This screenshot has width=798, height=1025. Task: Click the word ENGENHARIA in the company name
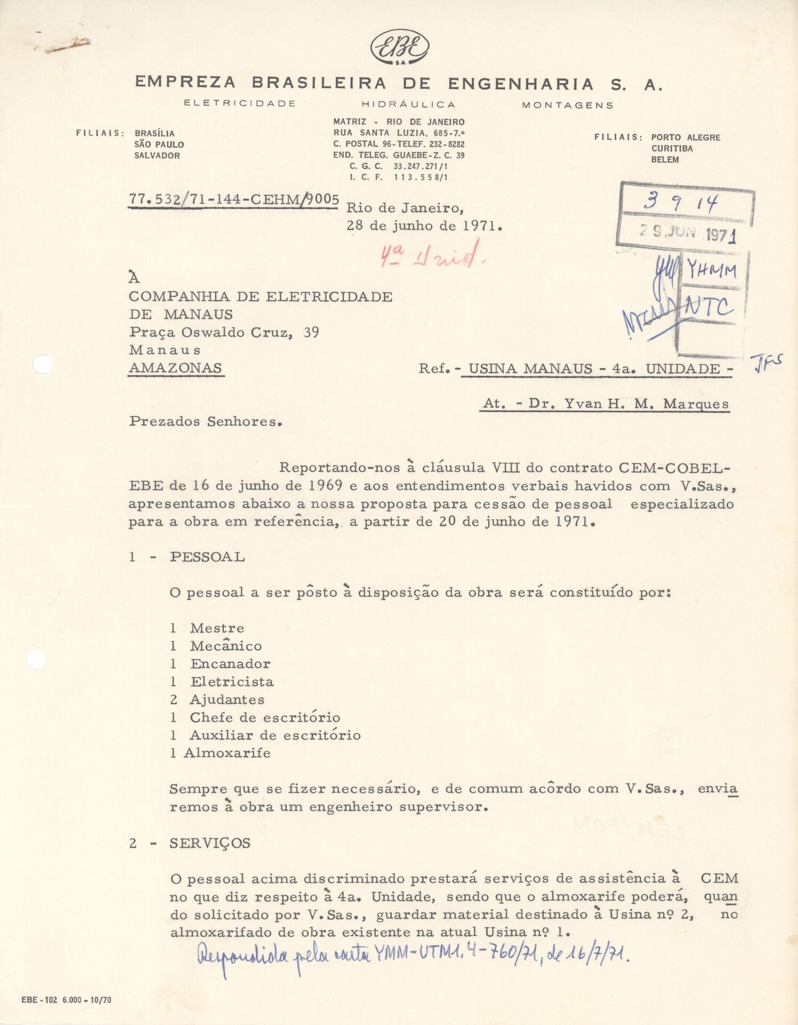coord(521,84)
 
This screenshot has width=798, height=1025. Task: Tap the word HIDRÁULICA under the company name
coord(409,105)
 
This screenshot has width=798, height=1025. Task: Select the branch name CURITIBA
coord(672,148)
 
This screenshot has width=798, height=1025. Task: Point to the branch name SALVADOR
coord(157,156)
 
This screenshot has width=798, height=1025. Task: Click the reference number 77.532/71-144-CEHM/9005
coord(233,199)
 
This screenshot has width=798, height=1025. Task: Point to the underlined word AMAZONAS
coord(175,368)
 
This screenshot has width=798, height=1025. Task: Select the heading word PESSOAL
coord(207,557)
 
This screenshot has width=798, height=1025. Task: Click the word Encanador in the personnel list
coord(230,664)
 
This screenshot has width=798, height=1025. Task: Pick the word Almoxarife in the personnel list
coord(227,753)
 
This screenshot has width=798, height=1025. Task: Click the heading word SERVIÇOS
coord(210,843)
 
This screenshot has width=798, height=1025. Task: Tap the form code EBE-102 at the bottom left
coord(40,1000)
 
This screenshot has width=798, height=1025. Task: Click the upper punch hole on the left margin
coord(42,365)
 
